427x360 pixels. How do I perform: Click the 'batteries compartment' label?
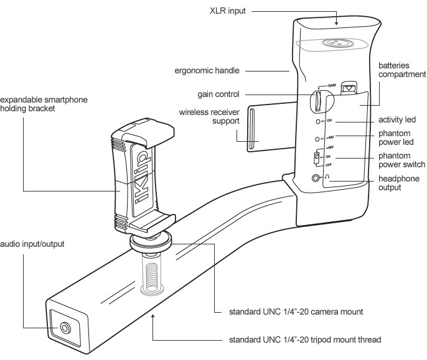click(403, 70)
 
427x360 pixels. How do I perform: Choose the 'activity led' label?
click(397, 119)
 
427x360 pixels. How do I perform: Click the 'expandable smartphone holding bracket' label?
click(43, 104)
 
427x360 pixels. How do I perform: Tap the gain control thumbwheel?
click(317, 100)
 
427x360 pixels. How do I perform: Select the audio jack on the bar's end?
click(65, 327)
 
